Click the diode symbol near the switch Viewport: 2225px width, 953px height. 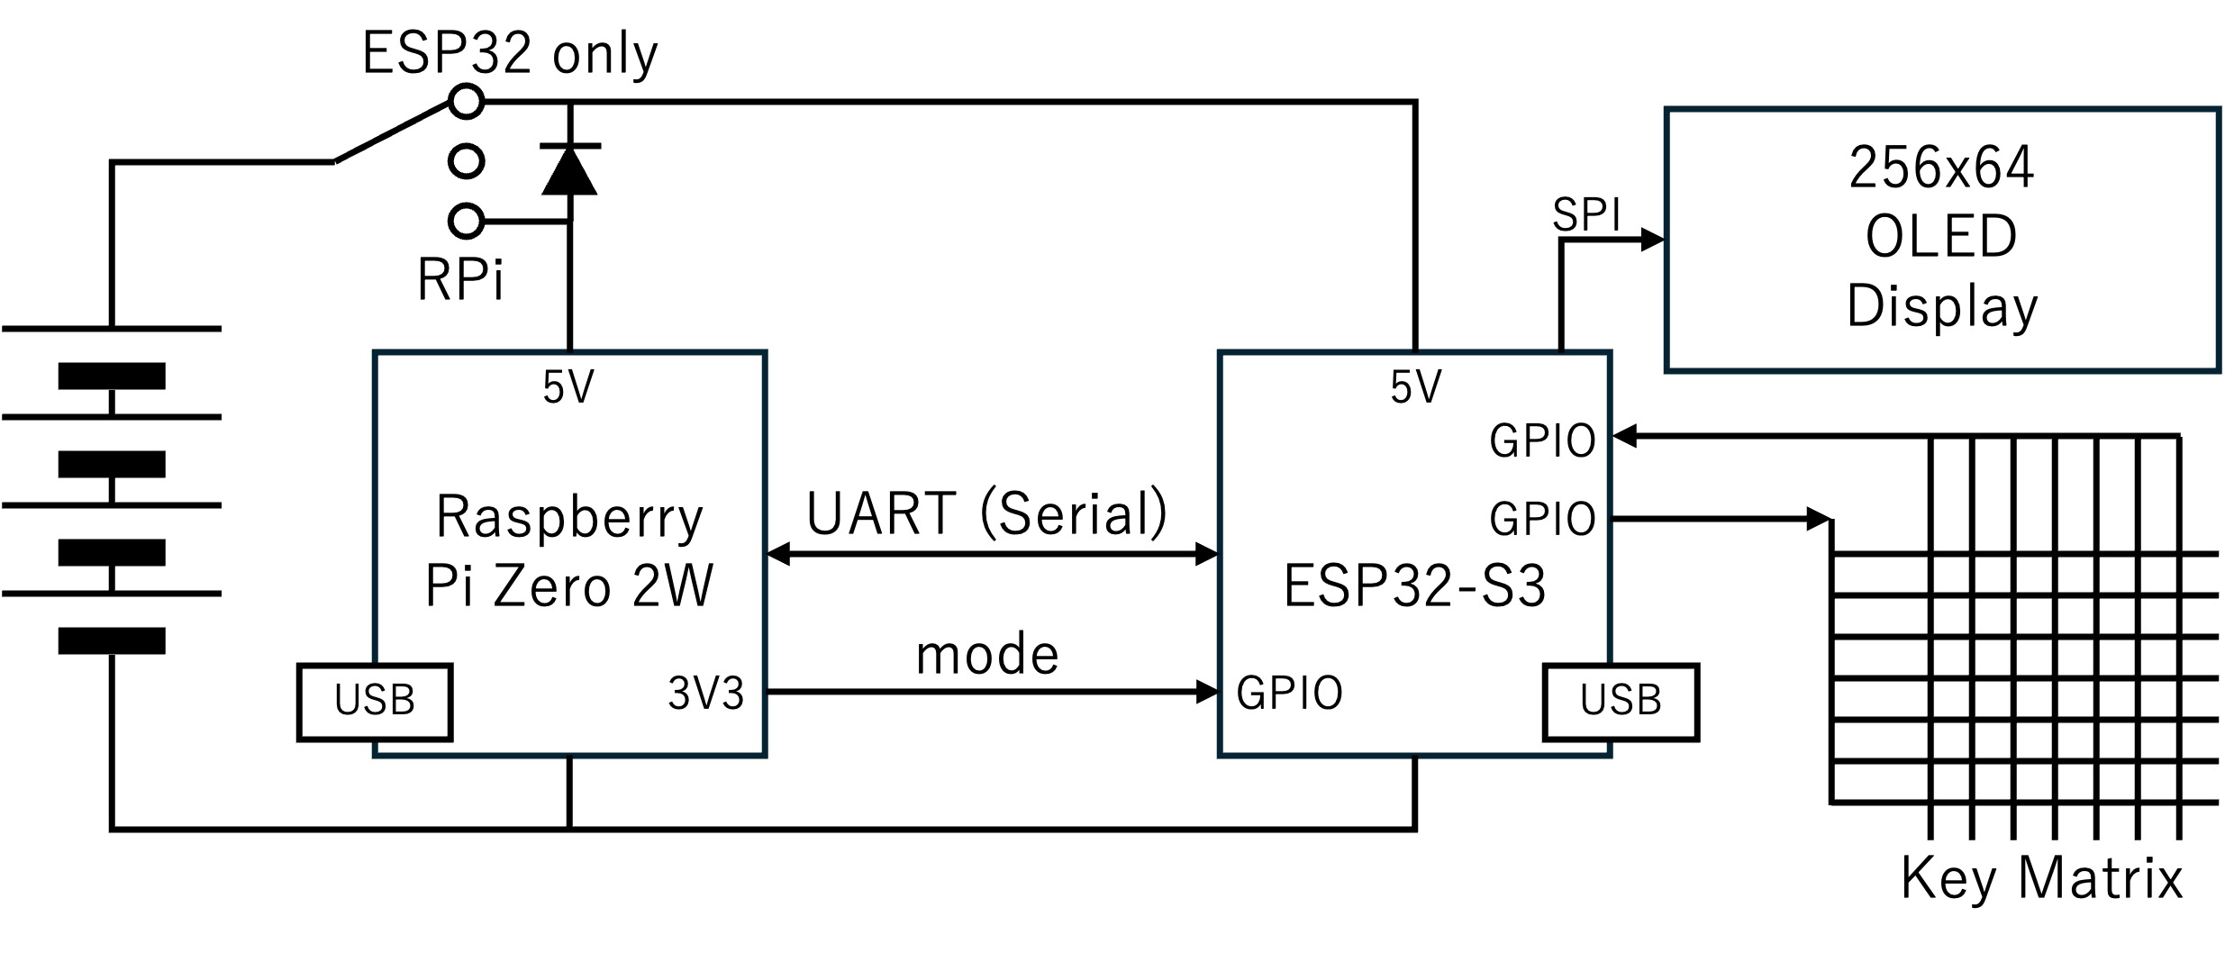tap(569, 169)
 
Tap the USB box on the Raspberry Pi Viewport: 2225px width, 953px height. tap(375, 702)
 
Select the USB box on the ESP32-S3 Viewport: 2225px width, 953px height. tap(1621, 702)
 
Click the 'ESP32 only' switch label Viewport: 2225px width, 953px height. tap(510, 54)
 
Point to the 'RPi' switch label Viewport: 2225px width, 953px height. tap(460, 279)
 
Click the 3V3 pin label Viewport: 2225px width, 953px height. tap(706, 694)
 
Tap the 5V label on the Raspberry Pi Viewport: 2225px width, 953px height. tap(568, 387)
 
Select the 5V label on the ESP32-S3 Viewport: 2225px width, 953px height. tap(1416, 387)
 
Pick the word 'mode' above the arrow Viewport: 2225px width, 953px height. tap(987, 655)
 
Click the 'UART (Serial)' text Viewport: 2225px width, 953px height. tap(987, 513)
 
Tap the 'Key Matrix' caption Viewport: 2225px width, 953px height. tap(2042, 878)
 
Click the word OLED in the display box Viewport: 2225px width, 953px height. tap(1941, 237)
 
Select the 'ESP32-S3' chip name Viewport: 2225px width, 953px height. tap(1414, 585)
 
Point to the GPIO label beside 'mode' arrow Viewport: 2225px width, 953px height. tap(1290, 693)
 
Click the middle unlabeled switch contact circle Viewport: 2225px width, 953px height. tap(467, 162)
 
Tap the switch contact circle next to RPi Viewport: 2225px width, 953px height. tap(467, 221)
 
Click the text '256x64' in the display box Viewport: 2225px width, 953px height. tap(1941, 168)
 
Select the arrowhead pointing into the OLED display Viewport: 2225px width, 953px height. tap(1652, 241)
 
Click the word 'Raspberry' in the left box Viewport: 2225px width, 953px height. tap(569, 518)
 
